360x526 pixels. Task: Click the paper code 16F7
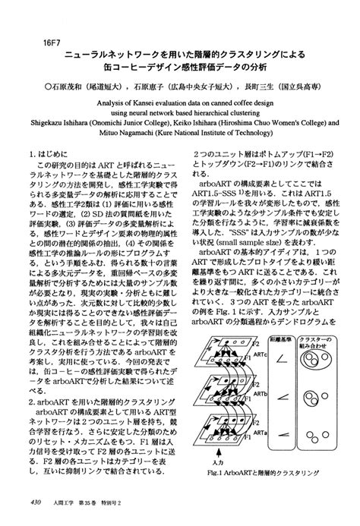pos(36,41)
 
